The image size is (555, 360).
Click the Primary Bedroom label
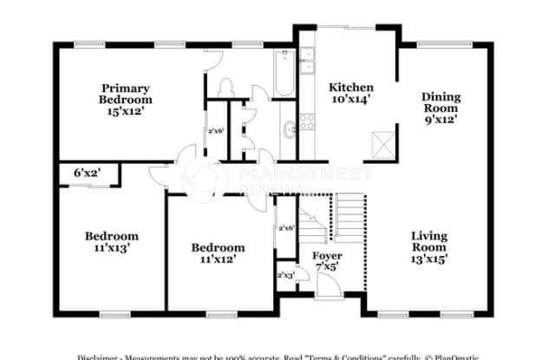click(x=125, y=100)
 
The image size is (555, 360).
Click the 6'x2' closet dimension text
click(x=87, y=173)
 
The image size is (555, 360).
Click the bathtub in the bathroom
click(x=284, y=74)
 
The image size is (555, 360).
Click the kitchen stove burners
click(x=307, y=121)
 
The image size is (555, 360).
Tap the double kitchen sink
click(x=307, y=62)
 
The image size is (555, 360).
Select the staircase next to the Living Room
click(x=349, y=217)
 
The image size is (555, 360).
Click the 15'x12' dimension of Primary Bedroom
click(x=125, y=111)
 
